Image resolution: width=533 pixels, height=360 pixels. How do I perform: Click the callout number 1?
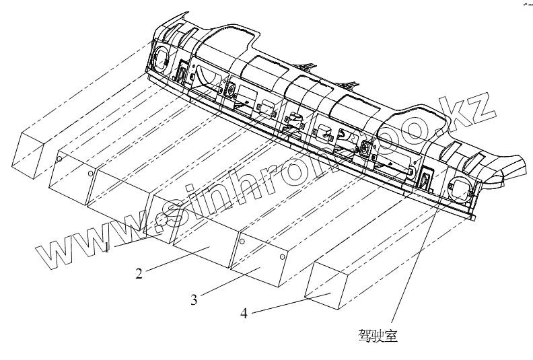pyautogui.click(x=106, y=248)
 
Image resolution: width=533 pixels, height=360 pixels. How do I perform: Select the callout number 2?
pyautogui.click(x=138, y=273)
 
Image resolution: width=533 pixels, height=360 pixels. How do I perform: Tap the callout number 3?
pyautogui.click(x=194, y=300)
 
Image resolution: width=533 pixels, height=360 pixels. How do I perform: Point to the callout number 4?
pyautogui.click(x=244, y=314)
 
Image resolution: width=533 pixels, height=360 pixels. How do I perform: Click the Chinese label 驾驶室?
pyautogui.click(x=379, y=334)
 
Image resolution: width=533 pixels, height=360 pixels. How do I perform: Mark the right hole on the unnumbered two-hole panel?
pyautogui.click(x=91, y=173)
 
